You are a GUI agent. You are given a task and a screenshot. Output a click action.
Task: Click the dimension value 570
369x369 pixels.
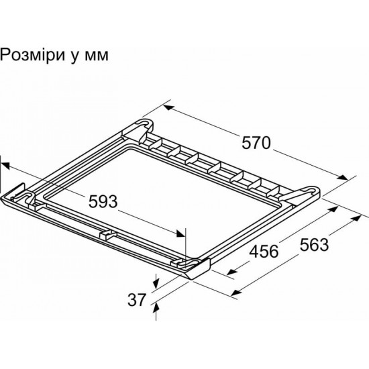coord(256,143)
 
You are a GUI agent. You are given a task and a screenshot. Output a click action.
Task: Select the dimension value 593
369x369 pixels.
coord(103,201)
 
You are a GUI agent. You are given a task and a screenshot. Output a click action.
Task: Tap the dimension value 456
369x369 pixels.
coord(264,251)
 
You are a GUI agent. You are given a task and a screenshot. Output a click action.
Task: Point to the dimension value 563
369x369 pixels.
coord(314,245)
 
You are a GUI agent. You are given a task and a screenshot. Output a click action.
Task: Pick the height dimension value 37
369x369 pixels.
coord(137,300)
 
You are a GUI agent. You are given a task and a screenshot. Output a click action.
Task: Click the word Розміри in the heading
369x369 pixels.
coord(33,55)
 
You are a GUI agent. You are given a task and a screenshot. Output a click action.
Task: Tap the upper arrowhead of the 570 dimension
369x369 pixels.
coord(168,108)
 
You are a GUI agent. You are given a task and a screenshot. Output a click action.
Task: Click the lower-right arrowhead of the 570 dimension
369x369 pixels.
coord(342,177)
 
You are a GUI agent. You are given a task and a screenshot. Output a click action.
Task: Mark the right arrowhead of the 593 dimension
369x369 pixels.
coord(180,233)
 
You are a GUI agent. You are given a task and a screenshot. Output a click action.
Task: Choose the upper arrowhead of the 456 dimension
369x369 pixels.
coord(333,209)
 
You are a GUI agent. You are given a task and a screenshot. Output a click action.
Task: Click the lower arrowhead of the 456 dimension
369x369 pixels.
coord(232,272)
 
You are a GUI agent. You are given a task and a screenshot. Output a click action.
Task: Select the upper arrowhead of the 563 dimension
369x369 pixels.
coord(356,218)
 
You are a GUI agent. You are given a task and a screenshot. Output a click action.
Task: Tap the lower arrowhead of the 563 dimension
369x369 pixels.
coord(237,293)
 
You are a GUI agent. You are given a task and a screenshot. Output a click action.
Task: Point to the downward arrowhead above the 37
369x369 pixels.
coord(156,284)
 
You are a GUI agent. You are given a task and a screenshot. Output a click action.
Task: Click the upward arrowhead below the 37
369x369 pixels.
coord(156,307)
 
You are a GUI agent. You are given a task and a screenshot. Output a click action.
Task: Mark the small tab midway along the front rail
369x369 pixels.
coord(107,235)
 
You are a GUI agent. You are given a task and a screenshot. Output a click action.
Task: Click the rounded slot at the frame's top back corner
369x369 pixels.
coord(144,123)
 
